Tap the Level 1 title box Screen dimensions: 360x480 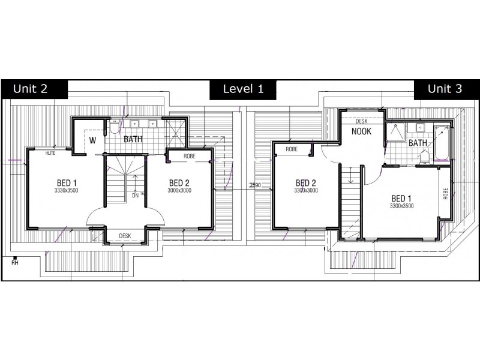[x=242, y=89]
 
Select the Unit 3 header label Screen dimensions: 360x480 [x=445, y=89]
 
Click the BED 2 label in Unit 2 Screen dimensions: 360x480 [x=179, y=182]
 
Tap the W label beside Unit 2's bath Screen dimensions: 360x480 [x=93, y=140]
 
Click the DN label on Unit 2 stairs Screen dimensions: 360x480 [x=135, y=195]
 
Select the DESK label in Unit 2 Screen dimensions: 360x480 [x=125, y=236]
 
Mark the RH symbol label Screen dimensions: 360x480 [x=14, y=262]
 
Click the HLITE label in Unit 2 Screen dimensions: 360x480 [x=50, y=154]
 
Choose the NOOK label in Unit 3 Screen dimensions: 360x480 [x=361, y=131]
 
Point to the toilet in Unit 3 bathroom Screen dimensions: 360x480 [x=425, y=156]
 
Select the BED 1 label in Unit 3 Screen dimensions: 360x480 [x=401, y=198]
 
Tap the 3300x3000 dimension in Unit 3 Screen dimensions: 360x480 [x=305, y=191]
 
